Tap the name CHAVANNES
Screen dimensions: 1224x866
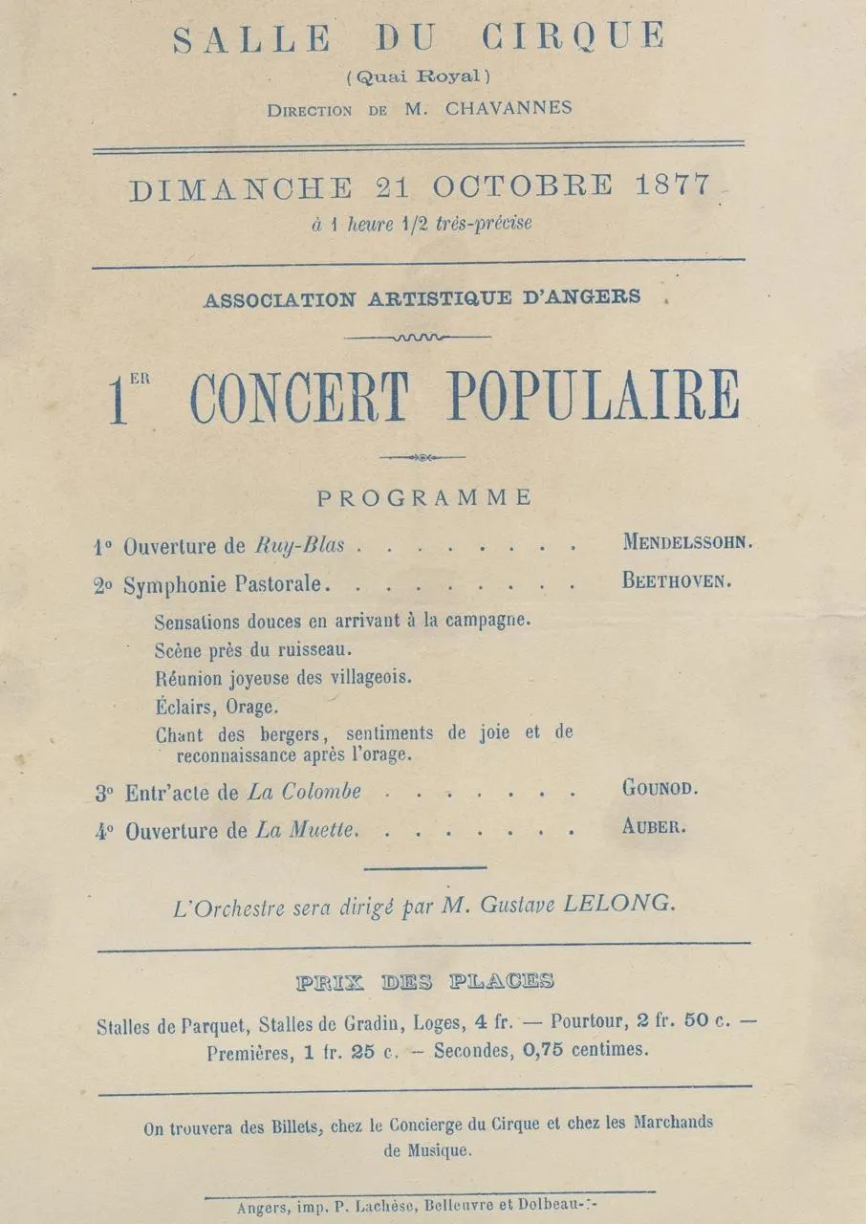click(x=509, y=108)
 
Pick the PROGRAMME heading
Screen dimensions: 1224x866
click(x=424, y=497)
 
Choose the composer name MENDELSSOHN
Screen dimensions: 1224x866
click(x=687, y=542)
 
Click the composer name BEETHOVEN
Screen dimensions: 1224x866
click(x=677, y=580)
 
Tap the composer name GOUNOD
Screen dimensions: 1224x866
click(x=660, y=790)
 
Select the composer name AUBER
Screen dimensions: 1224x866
click(x=654, y=828)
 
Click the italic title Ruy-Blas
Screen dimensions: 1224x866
click(x=299, y=547)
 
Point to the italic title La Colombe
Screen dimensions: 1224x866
click(x=304, y=792)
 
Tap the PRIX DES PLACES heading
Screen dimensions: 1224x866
click(x=424, y=982)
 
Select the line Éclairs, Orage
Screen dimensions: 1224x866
click(x=217, y=708)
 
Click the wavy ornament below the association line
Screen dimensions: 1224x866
click(x=418, y=337)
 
